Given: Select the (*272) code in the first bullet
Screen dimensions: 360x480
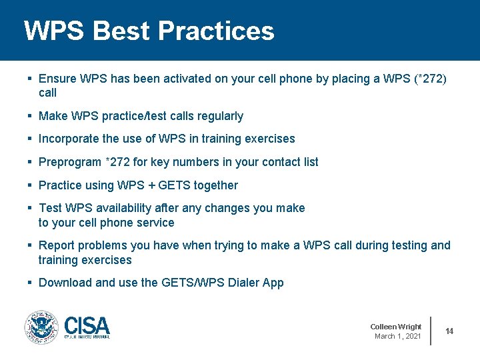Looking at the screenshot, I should tap(430, 79).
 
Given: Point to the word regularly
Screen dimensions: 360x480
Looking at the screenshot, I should tap(220, 116).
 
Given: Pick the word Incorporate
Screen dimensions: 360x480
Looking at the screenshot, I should tap(69, 139).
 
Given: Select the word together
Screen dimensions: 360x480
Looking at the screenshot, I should tap(215, 185).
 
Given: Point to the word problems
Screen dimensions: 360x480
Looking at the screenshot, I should tap(103, 245).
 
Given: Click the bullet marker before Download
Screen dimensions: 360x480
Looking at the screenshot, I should tap(29, 283).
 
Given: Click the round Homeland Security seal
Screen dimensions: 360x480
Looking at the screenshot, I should tap(41, 327).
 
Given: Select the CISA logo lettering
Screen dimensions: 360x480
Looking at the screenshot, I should tap(87, 326).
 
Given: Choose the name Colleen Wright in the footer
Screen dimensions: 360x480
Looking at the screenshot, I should tap(395, 327).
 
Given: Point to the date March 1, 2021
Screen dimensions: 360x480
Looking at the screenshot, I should tap(397, 336).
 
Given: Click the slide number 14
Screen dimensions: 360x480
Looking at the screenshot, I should tap(449, 331).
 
